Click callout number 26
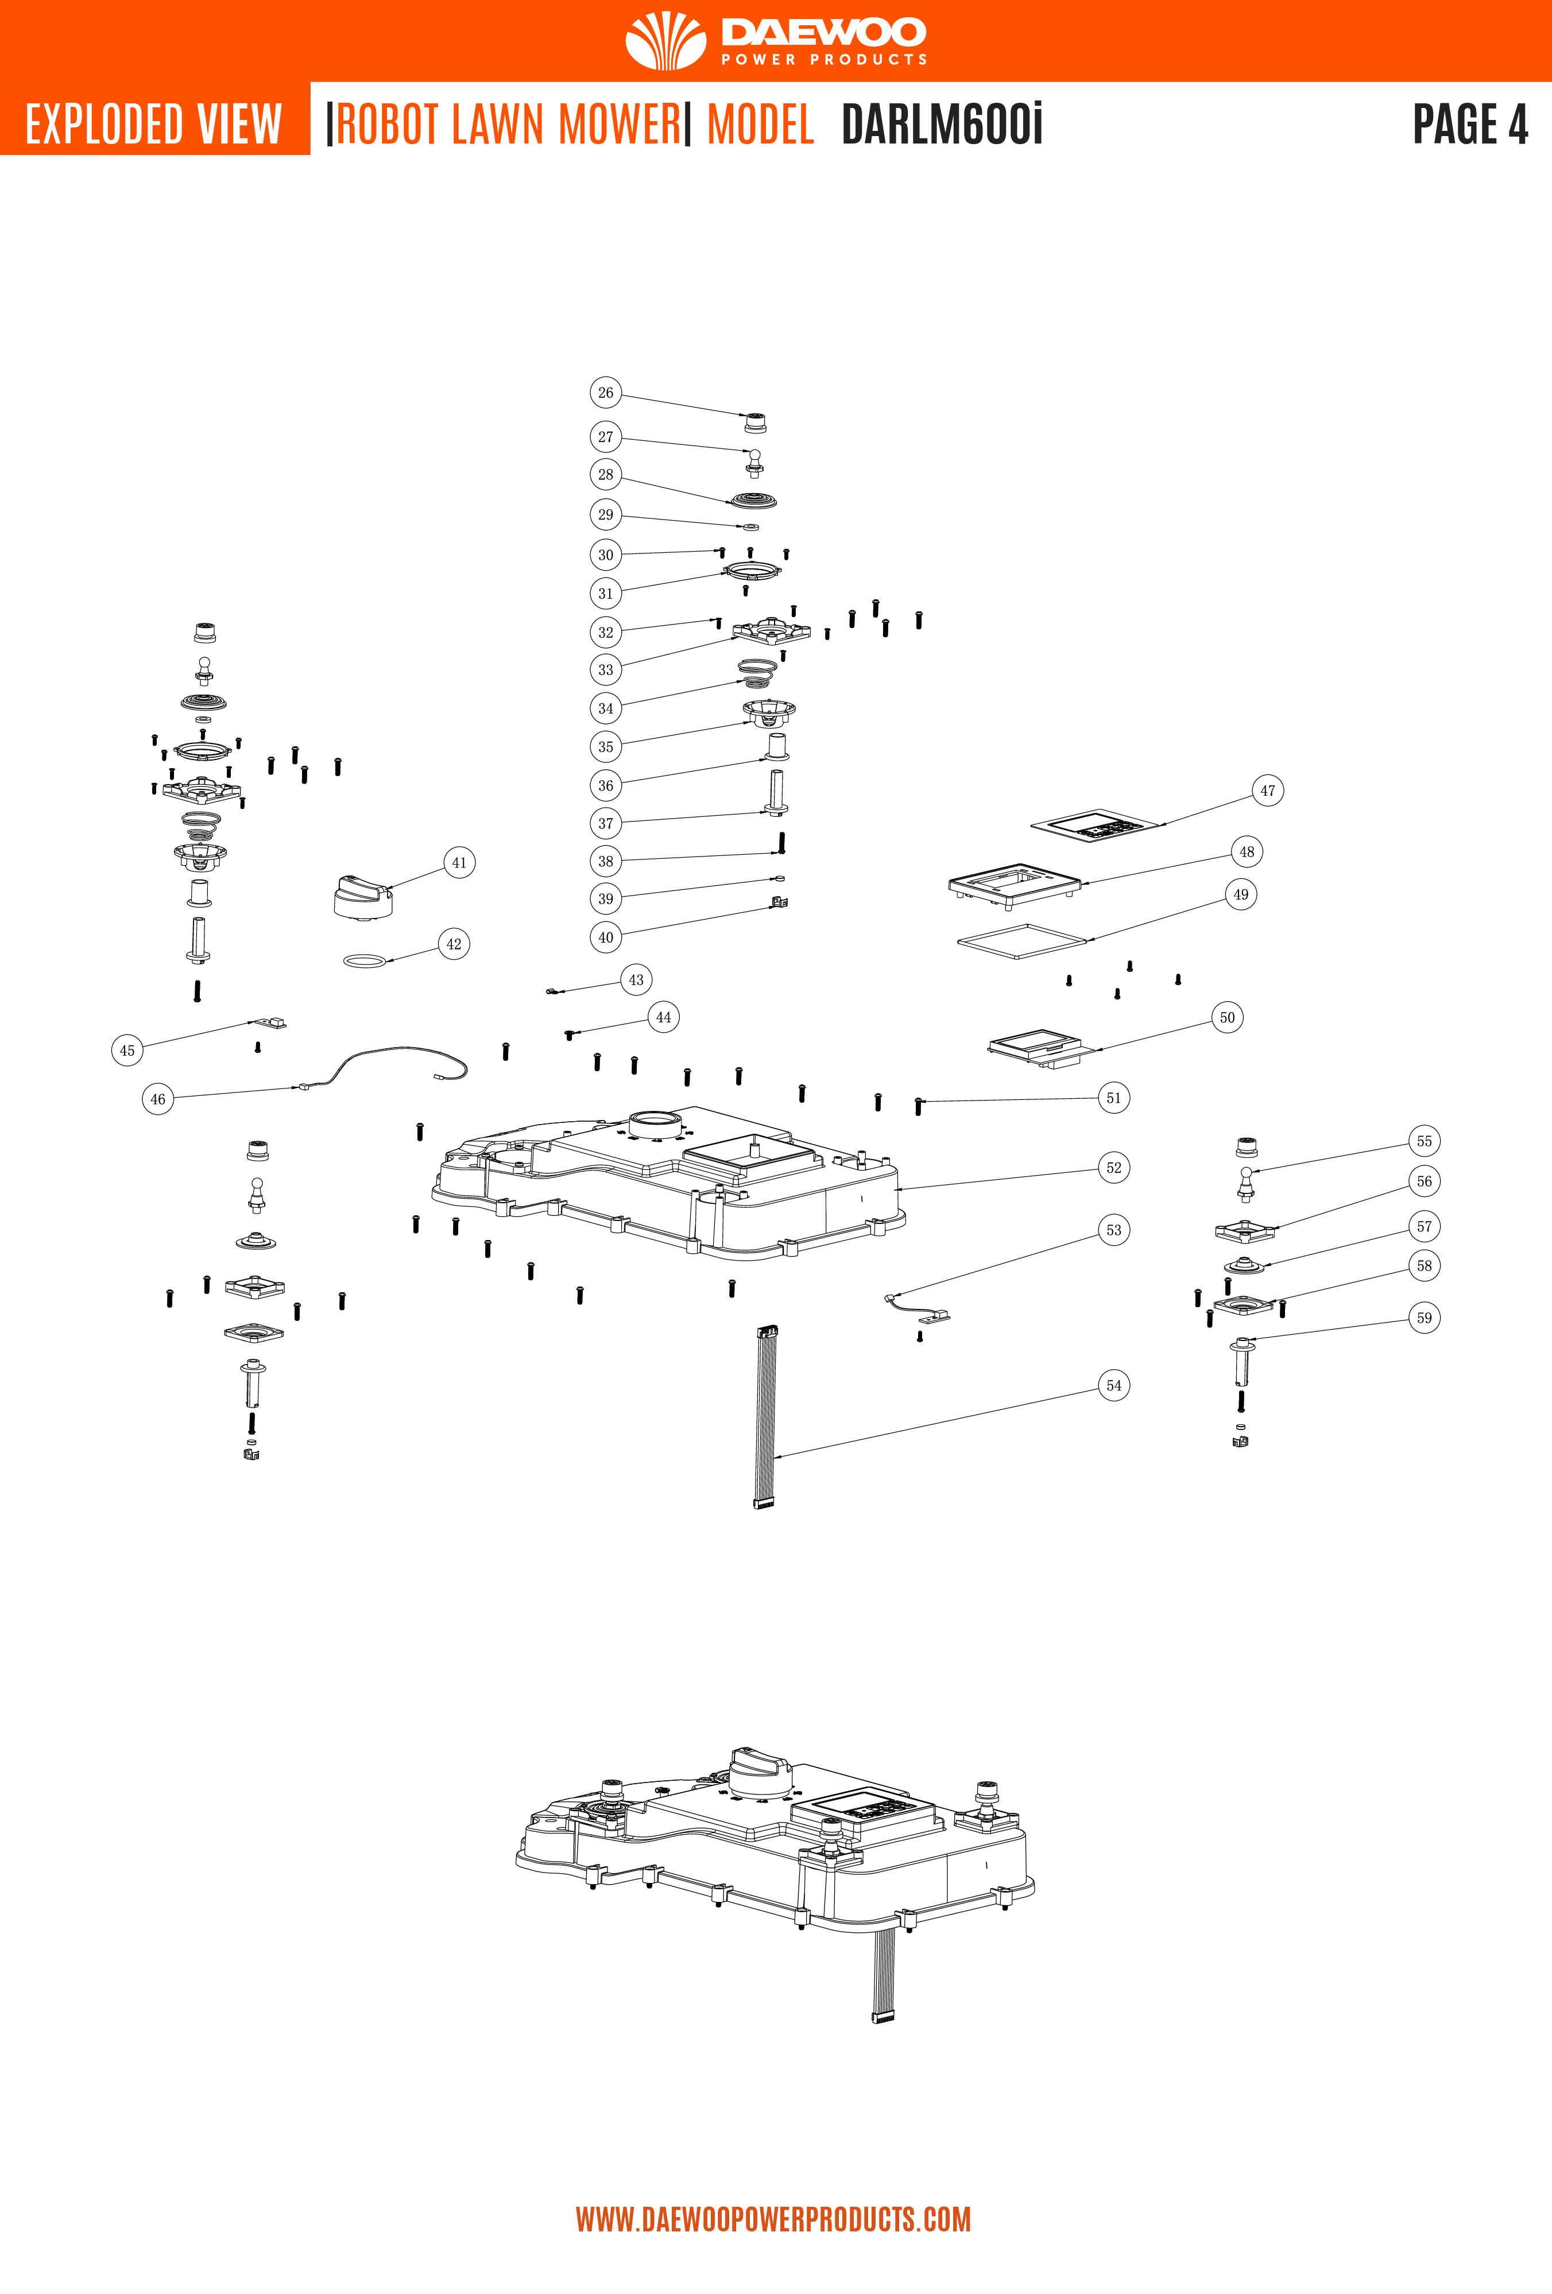[x=605, y=392]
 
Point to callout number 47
[x=1268, y=790]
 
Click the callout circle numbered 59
[x=1423, y=1317]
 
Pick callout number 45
[x=127, y=1049]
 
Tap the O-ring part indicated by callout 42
[x=364, y=960]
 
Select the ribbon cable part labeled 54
[x=765, y=1416]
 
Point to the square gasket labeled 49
[x=1022, y=941]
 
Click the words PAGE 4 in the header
[x=1469, y=125]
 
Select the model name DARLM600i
[x=941, y=125]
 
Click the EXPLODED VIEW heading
[x=154, y=125]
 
